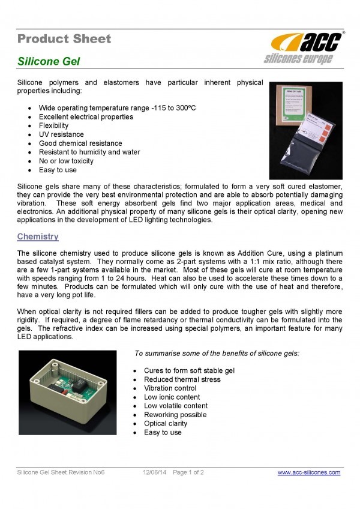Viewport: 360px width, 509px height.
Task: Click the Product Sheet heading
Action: pyautogui.click(x=64, y=39)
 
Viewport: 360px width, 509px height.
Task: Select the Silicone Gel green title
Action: pyautogui.click(x=48, y=61)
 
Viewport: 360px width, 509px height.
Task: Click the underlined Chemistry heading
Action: pyautogui.click(x=38, y=237)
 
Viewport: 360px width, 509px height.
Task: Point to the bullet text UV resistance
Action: pyautogui.click(x=62, y=134)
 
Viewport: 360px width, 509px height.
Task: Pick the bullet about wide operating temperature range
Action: pyautogui.click(x=118, y=108)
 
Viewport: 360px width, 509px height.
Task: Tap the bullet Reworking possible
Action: pyautogui.click(x=175, y=415)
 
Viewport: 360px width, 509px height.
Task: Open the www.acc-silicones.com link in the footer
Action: pyautogui.click(x=309, y=472)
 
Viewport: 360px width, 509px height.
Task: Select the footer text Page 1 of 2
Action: pyautogui.click(x=188, y=472)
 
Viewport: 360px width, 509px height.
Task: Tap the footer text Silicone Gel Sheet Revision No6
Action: pyautogui.click(x=61, y=472)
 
